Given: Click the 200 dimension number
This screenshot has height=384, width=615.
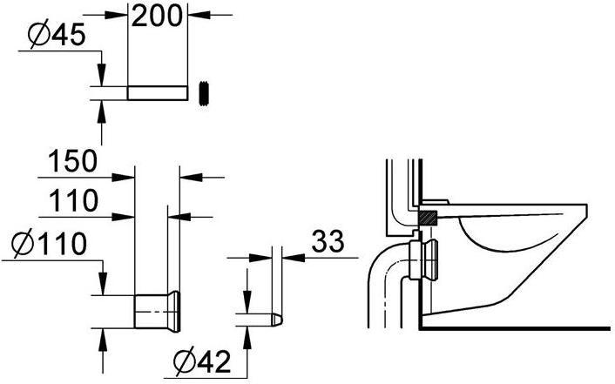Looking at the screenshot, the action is pos(157,16).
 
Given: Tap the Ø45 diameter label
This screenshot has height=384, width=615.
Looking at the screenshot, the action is pos(57,34).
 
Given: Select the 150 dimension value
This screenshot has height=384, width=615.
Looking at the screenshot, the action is pos(72,161).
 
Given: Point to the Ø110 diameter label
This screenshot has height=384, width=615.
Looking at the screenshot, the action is pos(49,243).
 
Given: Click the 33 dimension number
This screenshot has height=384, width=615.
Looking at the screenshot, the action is pos(328,241).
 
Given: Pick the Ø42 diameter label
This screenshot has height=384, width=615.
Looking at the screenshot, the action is pos(202,361).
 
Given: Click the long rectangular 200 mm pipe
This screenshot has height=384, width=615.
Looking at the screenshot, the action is pos(158,92).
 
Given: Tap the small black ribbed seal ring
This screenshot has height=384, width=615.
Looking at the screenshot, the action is pos(204,94).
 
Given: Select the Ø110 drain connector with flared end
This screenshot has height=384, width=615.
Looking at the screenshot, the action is pos(158,311).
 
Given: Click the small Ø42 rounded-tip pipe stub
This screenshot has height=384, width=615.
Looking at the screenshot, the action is pos(259,320).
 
